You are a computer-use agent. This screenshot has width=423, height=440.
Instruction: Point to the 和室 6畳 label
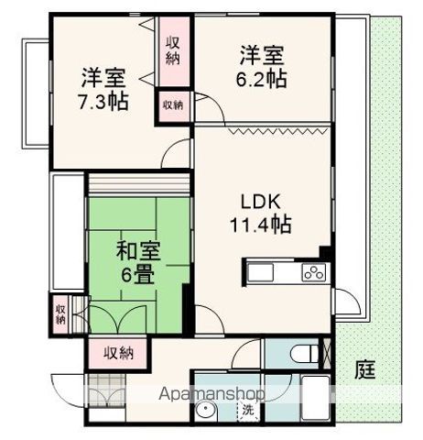pyautogui.click(x=134, y=260)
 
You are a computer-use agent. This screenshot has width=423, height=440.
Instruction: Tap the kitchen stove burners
pyautogui.click(x=313, y=272)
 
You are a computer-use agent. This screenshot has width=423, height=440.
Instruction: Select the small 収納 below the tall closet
pyautogui.click(x=172, y=104)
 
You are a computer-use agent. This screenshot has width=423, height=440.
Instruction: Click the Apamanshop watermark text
pyautogui.click(x=211, y=393)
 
